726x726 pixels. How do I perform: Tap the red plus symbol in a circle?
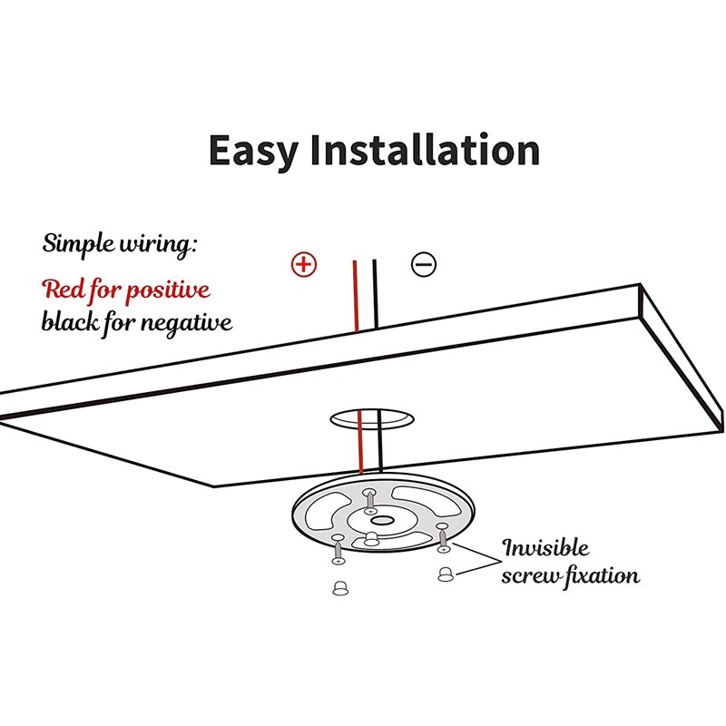[x=304, y=264]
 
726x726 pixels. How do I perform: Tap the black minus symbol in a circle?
[x=424, y=264]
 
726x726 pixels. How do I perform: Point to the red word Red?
[x=63, y=290]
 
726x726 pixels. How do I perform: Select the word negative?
[x=187, y=323]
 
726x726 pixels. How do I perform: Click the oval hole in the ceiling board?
[x=370, y=418]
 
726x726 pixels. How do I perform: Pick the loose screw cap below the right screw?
[x=446, y=575]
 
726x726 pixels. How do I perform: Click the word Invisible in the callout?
[x=546, y=548]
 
